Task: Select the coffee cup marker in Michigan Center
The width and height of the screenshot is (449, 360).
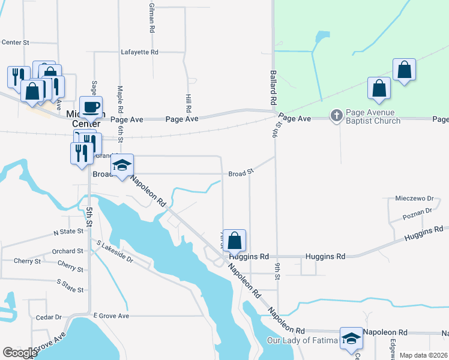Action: coord(91,107)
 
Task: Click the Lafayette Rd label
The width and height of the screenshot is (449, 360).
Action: coord(139,52)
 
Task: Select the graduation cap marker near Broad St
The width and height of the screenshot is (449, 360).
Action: coord(122,166)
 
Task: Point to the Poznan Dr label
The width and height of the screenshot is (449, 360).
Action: coord(418,211)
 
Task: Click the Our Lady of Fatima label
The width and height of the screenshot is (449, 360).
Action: coord(303,341)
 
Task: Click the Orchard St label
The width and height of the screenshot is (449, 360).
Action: coord(67,251)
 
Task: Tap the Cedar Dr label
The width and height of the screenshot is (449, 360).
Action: coord(49,317)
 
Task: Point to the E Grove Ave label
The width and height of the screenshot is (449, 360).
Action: coord(111,316)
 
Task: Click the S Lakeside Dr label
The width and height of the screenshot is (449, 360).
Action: coord(115,252)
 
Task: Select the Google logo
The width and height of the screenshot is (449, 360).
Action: coord(20,353)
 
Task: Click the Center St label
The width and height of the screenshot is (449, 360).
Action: coord(16,43)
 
